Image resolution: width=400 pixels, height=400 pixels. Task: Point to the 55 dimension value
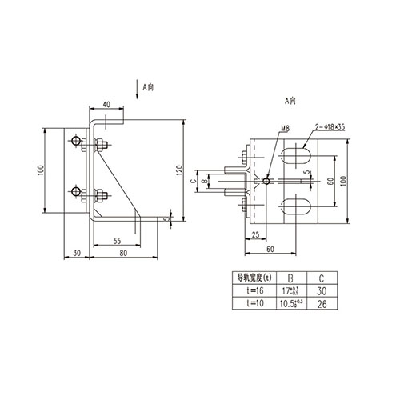pos(116,240)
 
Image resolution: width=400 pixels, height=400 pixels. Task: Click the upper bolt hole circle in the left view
pos(74,142)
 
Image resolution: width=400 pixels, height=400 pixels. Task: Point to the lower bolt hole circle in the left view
pos(74,192)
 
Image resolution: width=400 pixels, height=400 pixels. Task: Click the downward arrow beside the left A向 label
pos(138,90)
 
